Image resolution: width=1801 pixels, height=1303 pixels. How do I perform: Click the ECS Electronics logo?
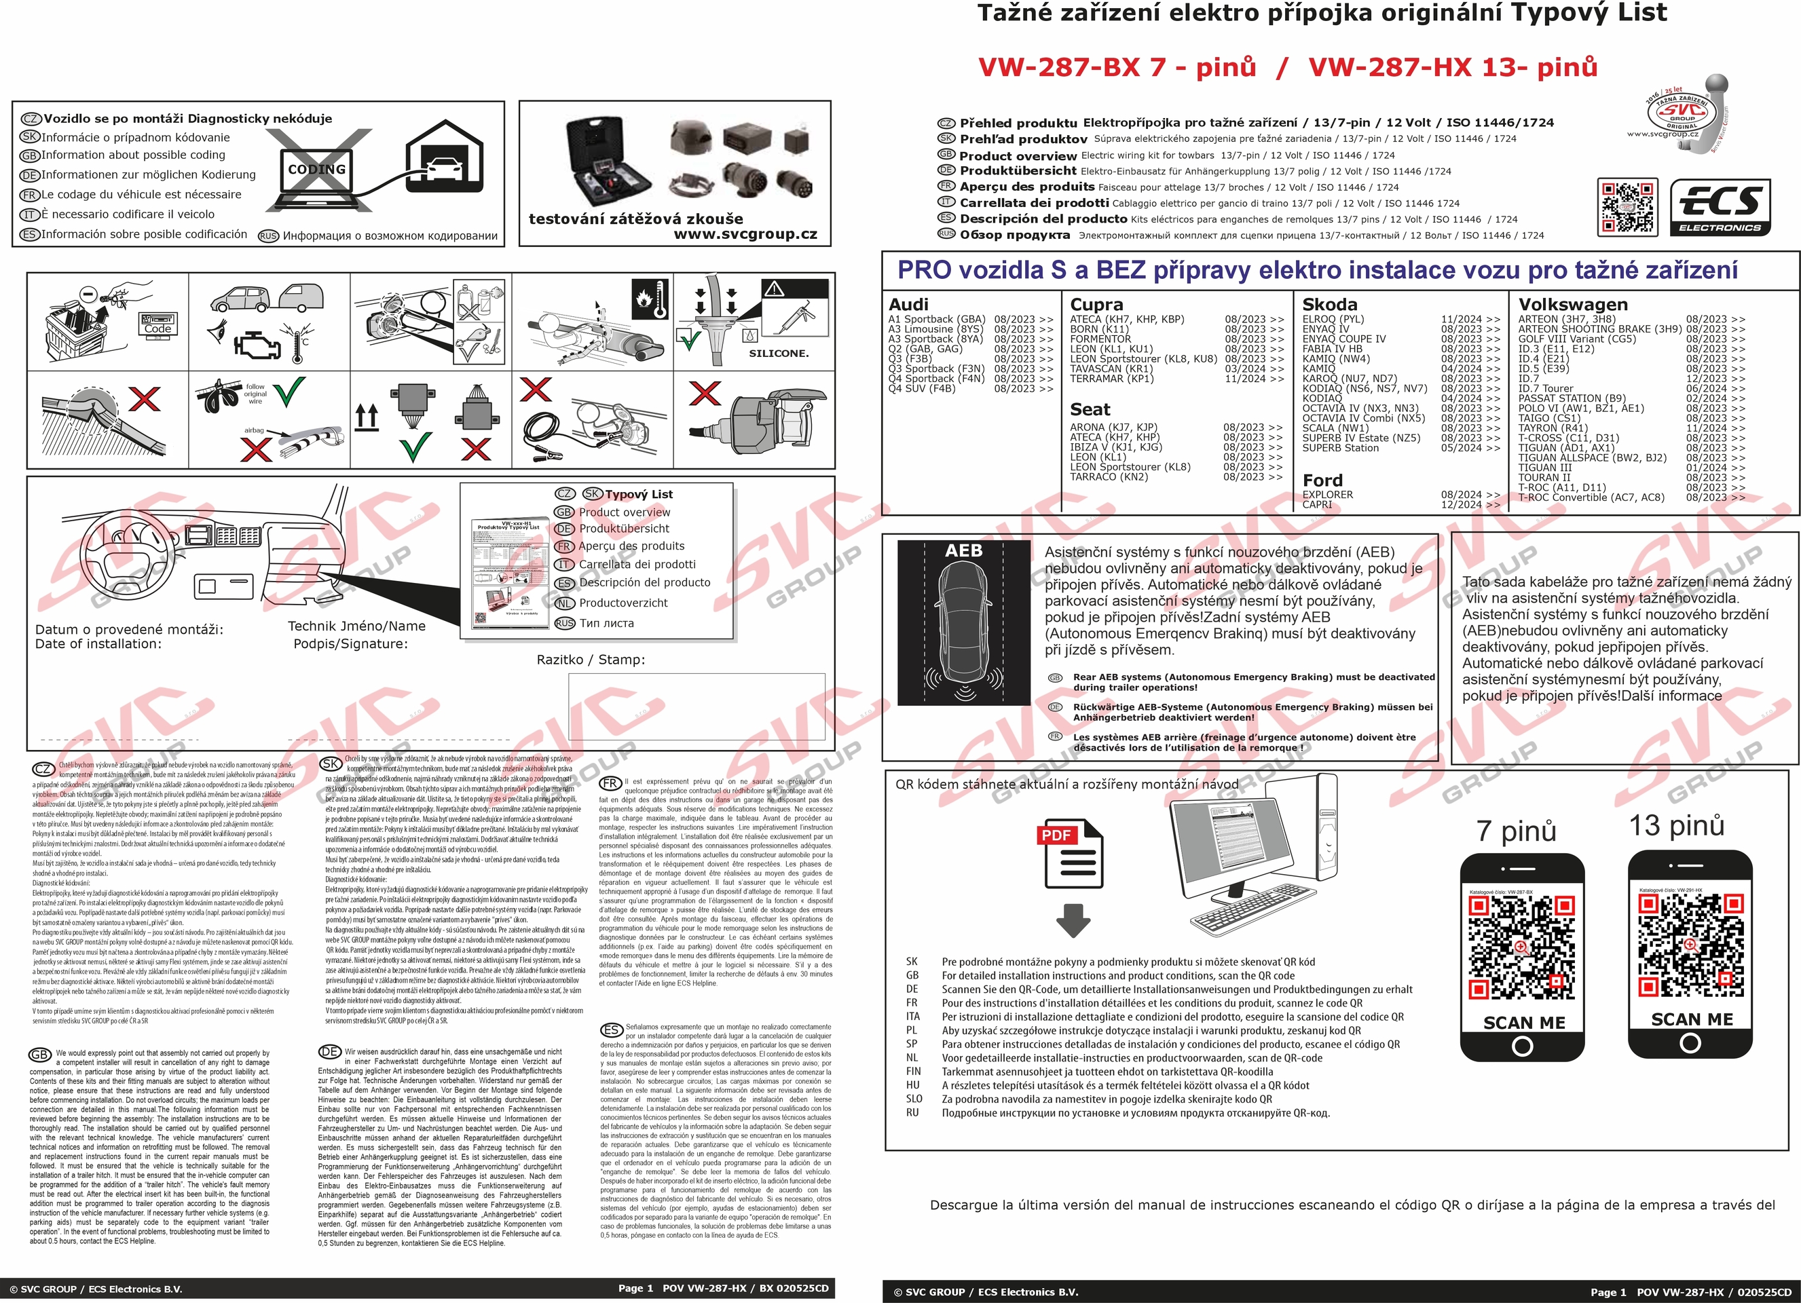click(x=1720, y=207)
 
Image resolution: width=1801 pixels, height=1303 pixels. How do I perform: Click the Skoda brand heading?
click(x=1329, y=305)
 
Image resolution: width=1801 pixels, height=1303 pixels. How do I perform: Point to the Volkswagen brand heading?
click(x=1572, y=305)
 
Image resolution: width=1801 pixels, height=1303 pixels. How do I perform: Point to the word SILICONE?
click(x=778, y=354)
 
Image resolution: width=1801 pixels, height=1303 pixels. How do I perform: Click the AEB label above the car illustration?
click(x=963, y=551)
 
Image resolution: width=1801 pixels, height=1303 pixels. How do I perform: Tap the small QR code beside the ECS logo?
click(x=1627, y=207)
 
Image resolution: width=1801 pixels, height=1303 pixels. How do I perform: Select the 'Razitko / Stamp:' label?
click(x=591, y=660)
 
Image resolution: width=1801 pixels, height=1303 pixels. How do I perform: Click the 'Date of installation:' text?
click(x=98, y=644)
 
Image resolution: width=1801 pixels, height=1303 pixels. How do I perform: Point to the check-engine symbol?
click(x=257, y=344)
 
